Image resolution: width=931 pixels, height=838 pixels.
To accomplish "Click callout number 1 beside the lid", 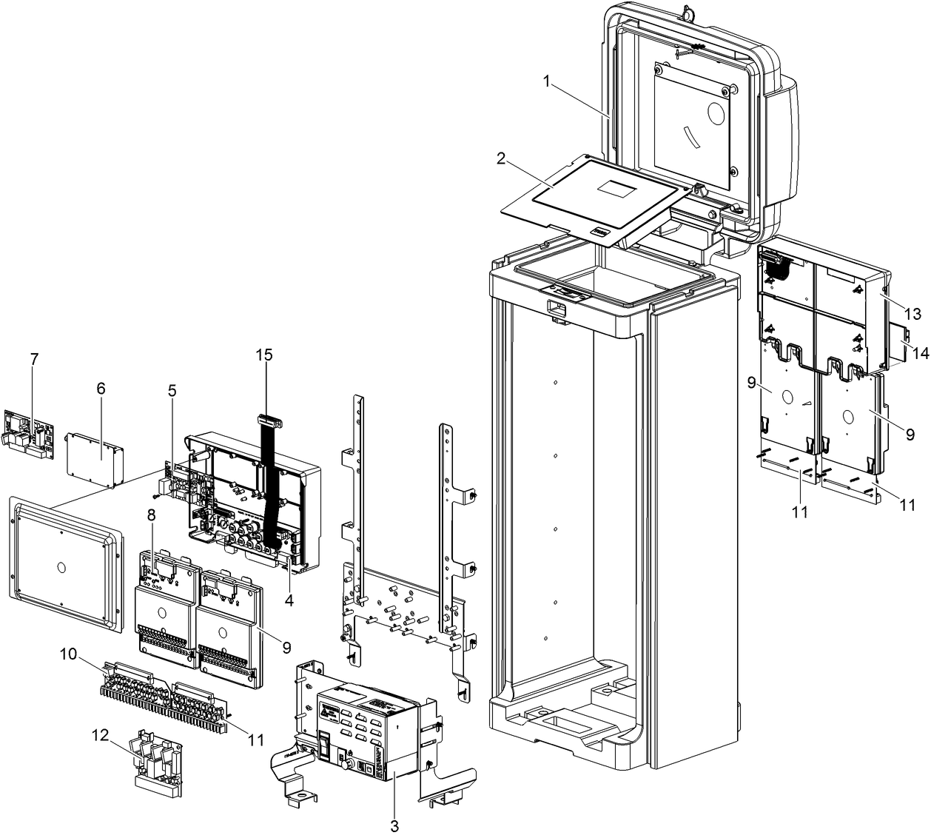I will pos(547,81).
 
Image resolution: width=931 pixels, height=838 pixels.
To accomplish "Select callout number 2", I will pos(501,158).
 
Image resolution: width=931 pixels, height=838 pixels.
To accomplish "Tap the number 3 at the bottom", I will pos(394,826).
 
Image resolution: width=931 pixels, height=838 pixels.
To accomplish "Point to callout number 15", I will pos(264,355).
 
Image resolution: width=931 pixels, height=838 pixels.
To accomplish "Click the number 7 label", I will pos(172,391).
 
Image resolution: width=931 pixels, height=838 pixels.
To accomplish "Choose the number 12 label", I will pos(150,514).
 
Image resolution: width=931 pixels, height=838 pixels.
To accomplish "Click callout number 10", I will pos(68,654).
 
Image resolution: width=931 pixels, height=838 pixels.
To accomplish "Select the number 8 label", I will pos(150,514).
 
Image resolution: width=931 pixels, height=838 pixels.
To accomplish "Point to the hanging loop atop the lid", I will pos(690,11).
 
